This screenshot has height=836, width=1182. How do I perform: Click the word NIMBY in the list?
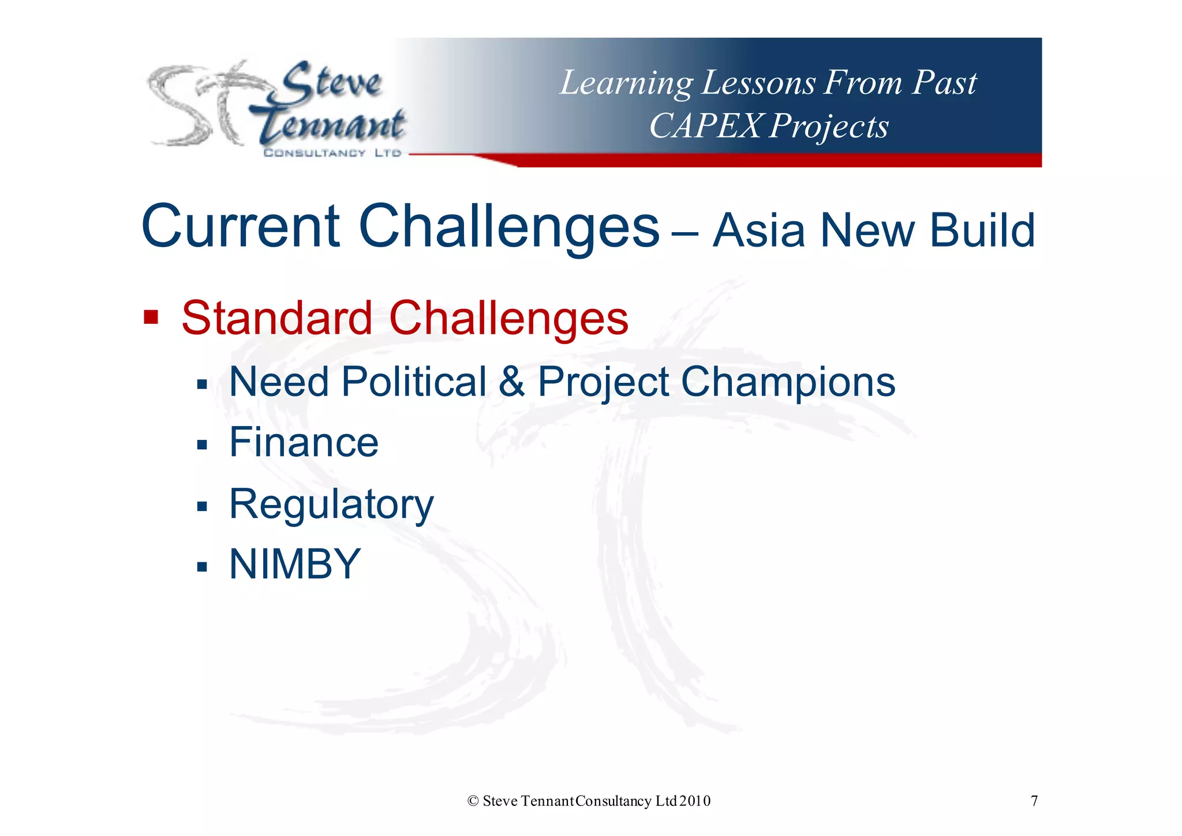point(295,564)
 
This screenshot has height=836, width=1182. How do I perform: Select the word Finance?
point(304,442)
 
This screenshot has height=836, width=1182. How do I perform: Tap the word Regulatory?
point(331,505)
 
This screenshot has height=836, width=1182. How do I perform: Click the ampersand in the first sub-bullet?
point(511,382)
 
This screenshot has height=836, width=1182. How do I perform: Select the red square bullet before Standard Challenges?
point(151,317)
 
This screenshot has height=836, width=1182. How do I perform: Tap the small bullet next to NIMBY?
point(201,566)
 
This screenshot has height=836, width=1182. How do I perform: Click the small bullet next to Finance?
point(201,445)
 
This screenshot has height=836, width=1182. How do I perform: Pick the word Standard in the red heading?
point(277,318)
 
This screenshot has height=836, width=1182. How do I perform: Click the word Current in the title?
point(241,226)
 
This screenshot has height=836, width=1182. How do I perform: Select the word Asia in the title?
point(759,230)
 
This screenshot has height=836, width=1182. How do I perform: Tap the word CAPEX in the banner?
point(705,125)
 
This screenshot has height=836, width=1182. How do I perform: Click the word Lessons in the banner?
point(758,83)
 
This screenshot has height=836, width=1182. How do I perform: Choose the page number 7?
point(1034,801)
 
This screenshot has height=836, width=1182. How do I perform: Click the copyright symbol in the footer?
point(473,801)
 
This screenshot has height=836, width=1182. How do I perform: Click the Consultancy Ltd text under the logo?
point(332,153)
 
